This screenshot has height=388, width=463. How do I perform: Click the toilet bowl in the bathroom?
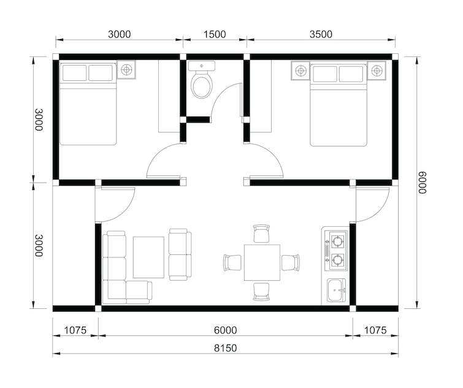tap(202, 86)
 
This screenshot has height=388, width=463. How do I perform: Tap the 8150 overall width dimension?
tap(225, 348)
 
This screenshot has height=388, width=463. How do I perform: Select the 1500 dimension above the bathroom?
tap(215, 34)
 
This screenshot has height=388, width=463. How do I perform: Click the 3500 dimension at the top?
tap(321, 34)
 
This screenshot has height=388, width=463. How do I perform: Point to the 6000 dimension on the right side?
tap(423, 183)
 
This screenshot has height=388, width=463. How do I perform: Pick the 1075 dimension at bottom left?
tap(75, 330)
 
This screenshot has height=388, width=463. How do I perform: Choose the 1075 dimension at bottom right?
tap(375, 330)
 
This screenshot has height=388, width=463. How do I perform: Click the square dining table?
tap(262, 262)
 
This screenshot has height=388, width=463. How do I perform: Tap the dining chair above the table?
tap(262, 234)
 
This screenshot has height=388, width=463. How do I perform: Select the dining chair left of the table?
tap(232, 262)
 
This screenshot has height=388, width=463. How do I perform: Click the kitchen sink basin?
tap(336, 291)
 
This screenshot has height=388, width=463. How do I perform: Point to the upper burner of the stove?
tap(337, 242)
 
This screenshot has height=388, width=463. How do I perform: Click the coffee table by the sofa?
tap(148, 257)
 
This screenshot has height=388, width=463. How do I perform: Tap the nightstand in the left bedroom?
tap(127, 70)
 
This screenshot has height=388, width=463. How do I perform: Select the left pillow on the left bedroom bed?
tap(74, 72)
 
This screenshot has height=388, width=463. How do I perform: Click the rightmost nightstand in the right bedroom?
tap(377, 70)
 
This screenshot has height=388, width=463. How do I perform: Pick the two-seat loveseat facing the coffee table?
tap(180, 254)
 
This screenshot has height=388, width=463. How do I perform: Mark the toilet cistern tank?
tap(202, 66)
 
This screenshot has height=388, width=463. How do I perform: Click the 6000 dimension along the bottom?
tap(225, 330)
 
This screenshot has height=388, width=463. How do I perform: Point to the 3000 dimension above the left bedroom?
tap(120, 34)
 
